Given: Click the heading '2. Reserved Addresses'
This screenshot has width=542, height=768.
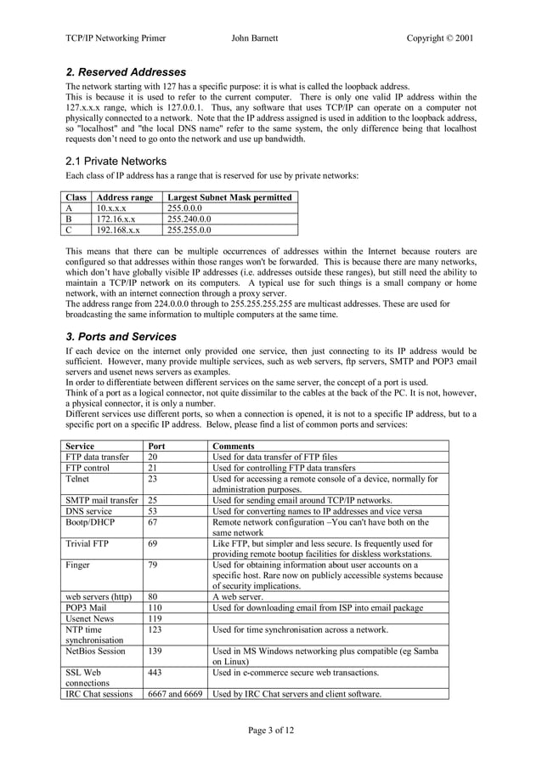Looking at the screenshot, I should [x=126, y=72].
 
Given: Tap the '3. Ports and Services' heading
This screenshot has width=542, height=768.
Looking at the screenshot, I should [x=121, y=336].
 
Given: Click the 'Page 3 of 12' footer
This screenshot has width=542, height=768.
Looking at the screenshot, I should [x=271, y=730].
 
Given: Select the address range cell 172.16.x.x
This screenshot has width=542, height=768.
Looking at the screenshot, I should [x=117, y=219].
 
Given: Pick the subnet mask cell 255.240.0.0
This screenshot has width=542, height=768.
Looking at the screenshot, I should [x=190, y=219].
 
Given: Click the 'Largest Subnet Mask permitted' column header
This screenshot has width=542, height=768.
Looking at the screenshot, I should [x=230, y=197].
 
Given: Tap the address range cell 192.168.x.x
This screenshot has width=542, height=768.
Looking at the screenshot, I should [x=119, y=230].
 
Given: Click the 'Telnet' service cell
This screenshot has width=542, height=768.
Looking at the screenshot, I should [x=81, y=479].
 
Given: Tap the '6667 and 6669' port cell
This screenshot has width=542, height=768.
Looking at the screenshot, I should [x=174, y=694].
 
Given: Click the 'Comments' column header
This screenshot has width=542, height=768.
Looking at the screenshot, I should [x=233, y=446].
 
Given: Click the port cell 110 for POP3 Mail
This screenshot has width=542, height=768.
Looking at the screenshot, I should [x=156, y=607].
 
